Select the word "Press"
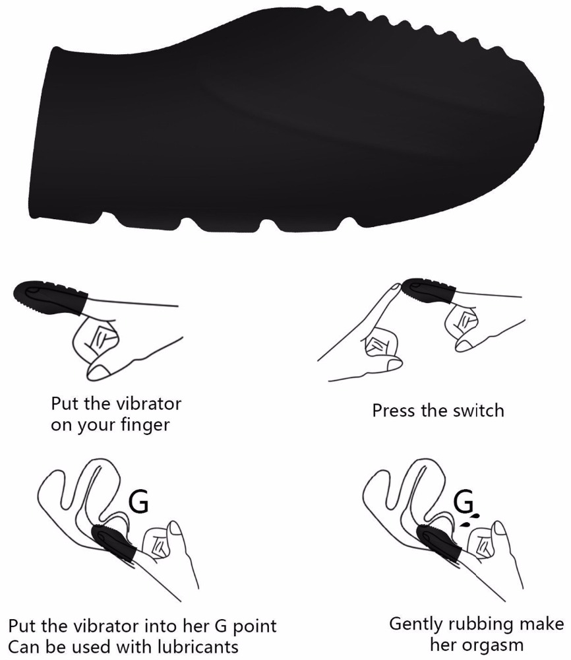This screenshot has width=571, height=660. click(394, 411)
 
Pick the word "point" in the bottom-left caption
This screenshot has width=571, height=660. click(255, 626)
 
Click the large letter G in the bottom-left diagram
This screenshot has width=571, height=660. click(138, 501)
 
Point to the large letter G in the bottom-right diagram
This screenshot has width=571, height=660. click(464, 501)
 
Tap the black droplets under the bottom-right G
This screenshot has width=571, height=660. click(469, 519)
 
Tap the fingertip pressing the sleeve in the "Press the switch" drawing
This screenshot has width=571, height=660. click(394, 287)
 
